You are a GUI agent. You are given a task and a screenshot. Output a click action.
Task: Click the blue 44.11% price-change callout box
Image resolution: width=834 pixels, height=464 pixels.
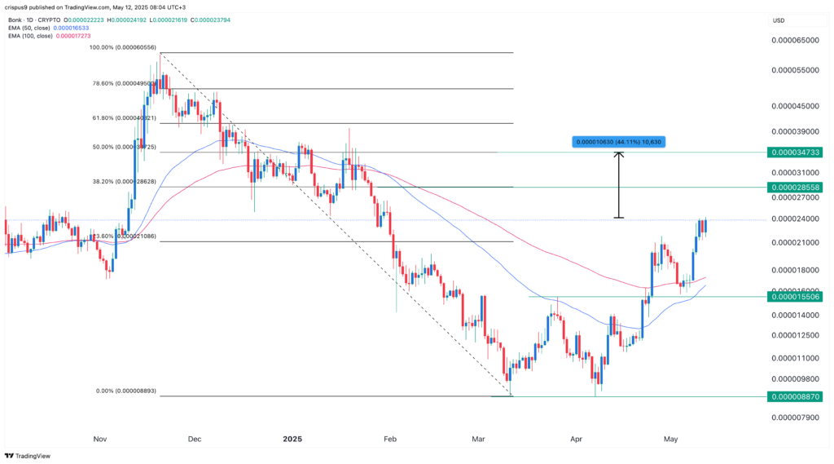click(x=619, y=143)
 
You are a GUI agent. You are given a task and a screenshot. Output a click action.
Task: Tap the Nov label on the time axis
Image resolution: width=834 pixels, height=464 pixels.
click(x=101, y=439)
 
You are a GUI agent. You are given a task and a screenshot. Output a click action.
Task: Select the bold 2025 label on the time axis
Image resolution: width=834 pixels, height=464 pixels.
click(x=292, y=439)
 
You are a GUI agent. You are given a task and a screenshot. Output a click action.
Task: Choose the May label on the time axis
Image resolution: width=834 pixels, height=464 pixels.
click(x=670, y=439)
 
